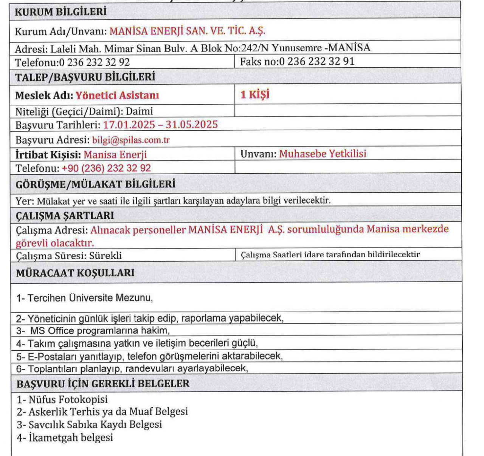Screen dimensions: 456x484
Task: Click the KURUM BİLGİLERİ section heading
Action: click(x=60, y=12)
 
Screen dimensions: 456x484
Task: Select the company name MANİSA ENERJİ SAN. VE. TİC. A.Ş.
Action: click(x=187, y=31)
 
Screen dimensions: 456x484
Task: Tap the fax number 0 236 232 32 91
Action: click(x=317, y=61)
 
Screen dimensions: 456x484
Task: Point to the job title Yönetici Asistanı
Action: click(x=117, y=95)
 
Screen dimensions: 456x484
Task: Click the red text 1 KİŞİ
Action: click(x=255, y=94)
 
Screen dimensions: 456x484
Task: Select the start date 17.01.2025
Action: click(x=129, y=125)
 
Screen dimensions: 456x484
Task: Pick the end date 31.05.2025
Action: click(x=192, y=125)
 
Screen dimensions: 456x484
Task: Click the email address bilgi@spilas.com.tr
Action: click(x=131, y=140)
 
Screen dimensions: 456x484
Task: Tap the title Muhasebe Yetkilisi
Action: click(x=323, y=154)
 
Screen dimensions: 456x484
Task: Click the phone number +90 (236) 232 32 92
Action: click(x=106, y=168)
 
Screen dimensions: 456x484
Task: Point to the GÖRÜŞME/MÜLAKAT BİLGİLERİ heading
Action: click(x=95, y=184)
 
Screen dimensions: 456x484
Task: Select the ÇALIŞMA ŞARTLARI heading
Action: click(x=65, y=216)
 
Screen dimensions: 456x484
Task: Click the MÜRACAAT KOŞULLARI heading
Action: click(x=75, y=273)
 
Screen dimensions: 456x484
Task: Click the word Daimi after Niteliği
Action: click(x=140, y=111)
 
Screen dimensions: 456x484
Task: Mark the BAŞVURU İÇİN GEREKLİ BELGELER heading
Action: click(x=103, y=384)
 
